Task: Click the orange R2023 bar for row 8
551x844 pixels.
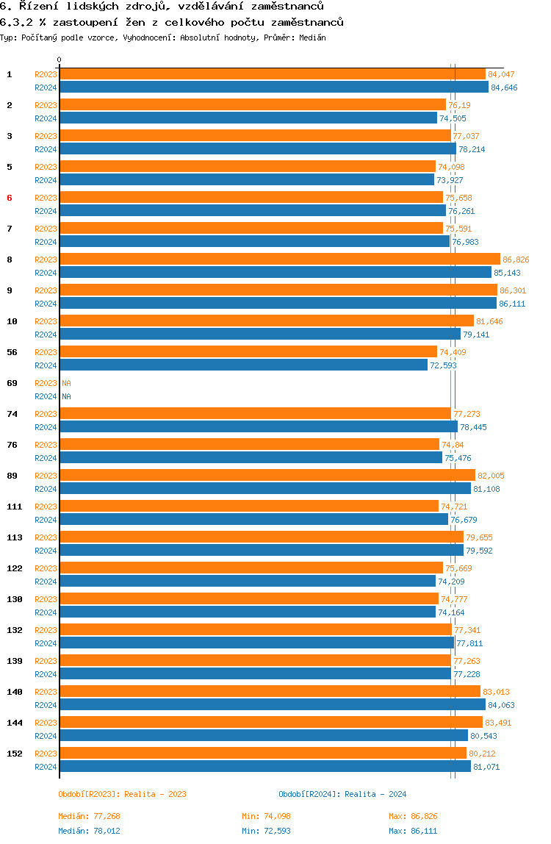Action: (x=280, y=260)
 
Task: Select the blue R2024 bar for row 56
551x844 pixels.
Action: (x=244, y=365)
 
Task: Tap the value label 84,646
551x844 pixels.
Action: (x=504, y=87)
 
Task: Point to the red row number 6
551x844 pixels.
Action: (x=9, y=198)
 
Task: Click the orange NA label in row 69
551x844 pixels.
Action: (x=66, y=383)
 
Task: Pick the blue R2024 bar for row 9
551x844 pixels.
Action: (x=278, y=304)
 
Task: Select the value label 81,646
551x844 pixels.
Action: (x=490, y=322)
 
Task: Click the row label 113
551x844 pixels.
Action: (x=15, y=537)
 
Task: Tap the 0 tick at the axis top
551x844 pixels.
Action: (x=60, y=60)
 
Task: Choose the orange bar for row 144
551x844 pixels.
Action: (x=271, y=723)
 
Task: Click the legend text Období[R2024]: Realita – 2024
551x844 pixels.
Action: (x=343, y=795)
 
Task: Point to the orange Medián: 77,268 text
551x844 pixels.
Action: (x=90, y=817)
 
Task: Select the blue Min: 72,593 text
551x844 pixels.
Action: (x=267, y=831)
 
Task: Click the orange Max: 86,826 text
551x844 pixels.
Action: (x=413, y=817)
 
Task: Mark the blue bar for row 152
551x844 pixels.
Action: (x=265, y=767)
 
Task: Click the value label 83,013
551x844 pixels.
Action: (x=496, y=693)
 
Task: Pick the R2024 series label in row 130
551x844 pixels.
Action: (x=46, y=612)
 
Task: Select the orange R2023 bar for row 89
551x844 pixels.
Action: (x=267, y=476)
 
